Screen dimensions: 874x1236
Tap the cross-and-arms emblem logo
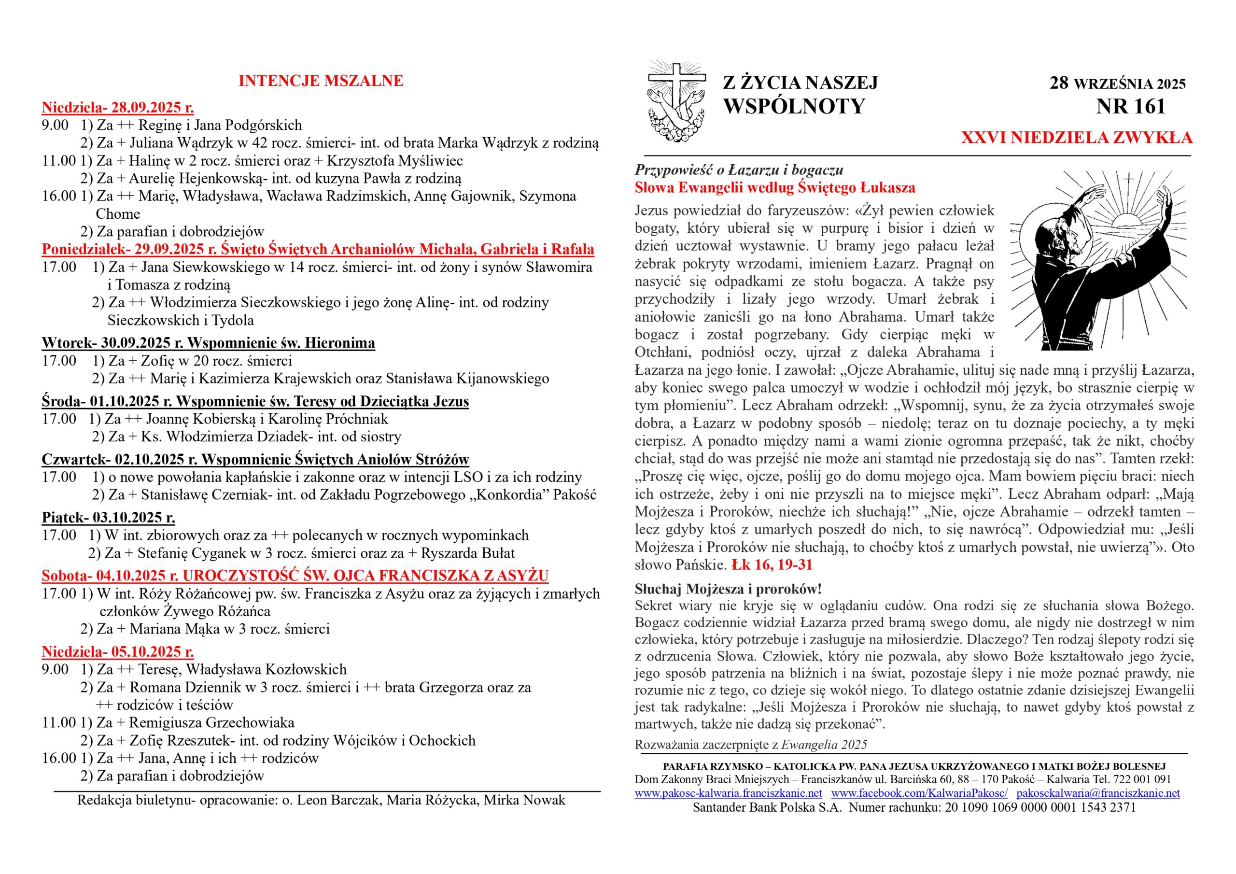(676, 101)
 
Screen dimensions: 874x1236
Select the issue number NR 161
(1130, 107)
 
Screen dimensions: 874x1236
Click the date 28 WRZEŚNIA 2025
(1118, 84)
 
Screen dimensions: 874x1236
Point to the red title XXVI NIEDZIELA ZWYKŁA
(1077, 138)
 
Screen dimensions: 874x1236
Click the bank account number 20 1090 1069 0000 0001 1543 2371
(1040, 807)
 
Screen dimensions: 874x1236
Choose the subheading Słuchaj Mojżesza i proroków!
(728, 589)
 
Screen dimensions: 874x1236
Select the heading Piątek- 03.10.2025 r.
(108, 518)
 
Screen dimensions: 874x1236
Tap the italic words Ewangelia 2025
(824, 745)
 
